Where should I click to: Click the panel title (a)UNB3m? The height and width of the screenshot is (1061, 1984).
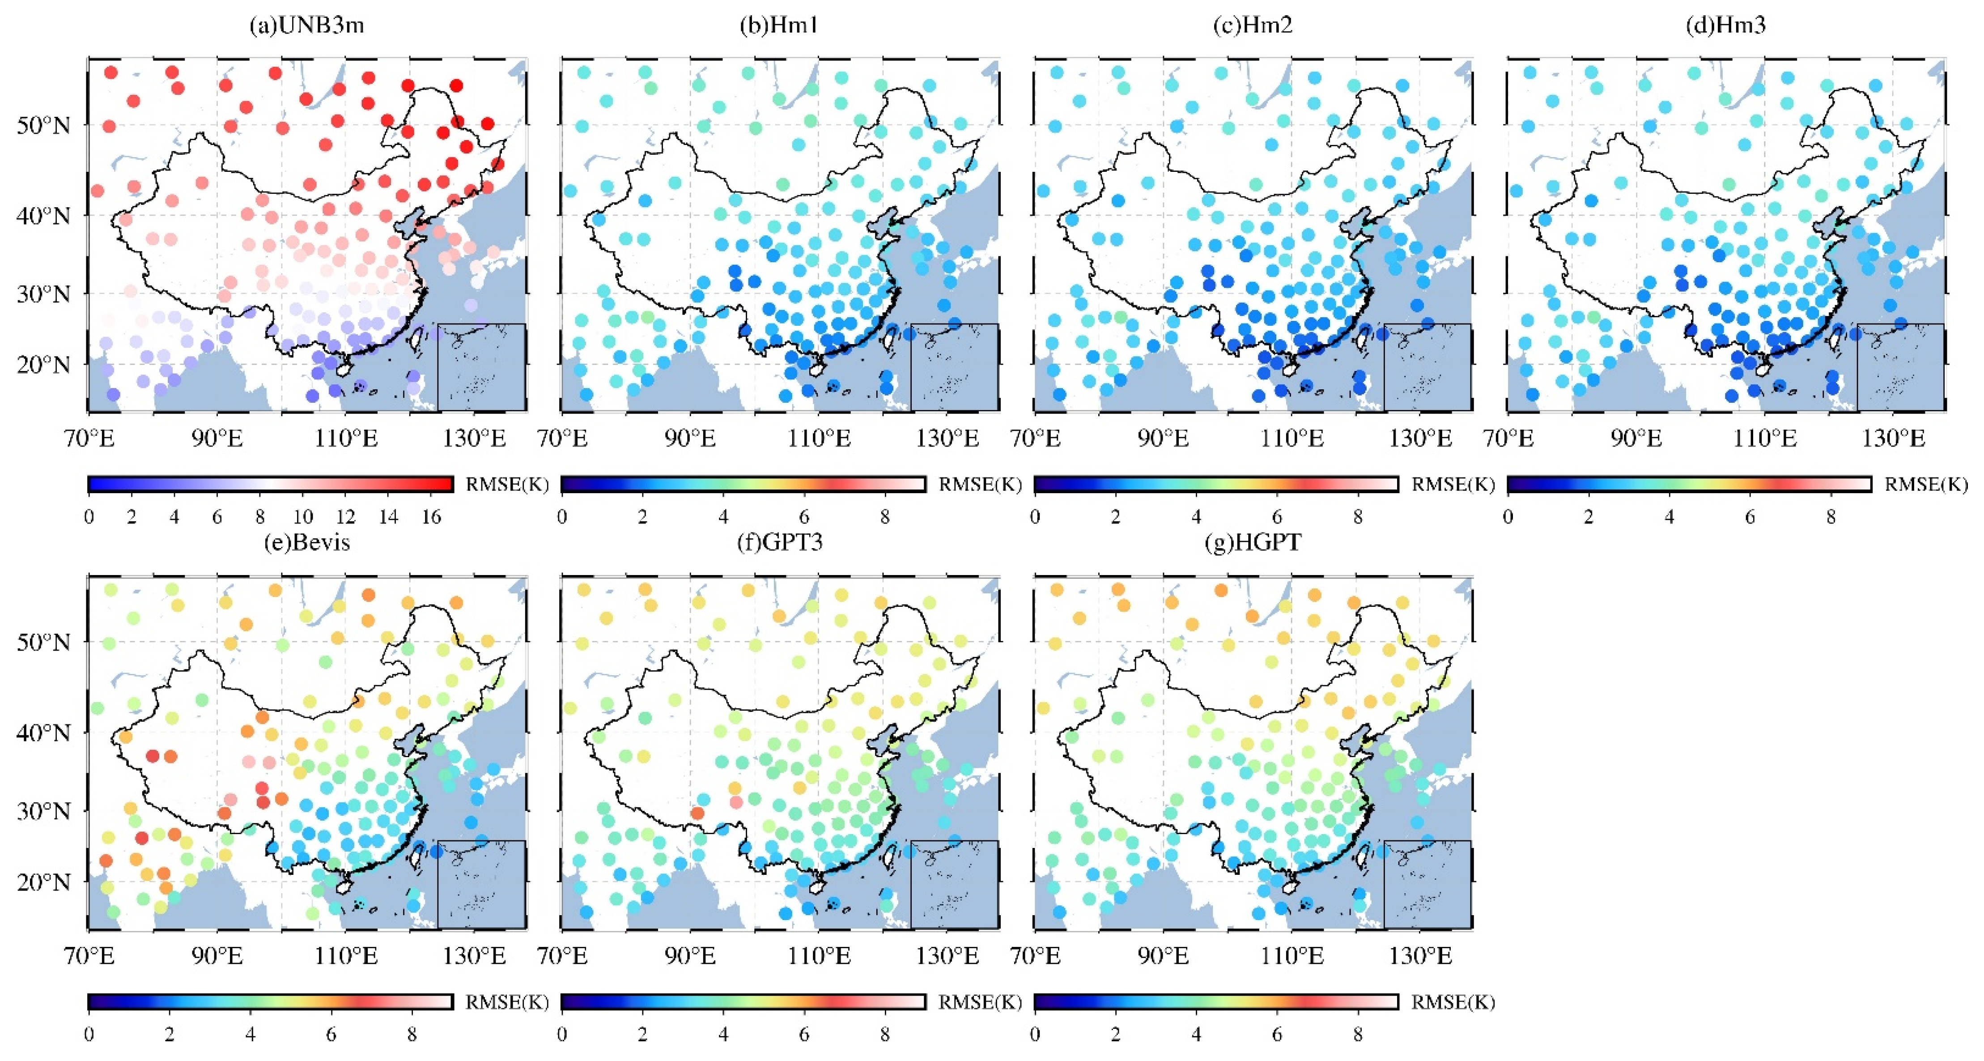(306, 26)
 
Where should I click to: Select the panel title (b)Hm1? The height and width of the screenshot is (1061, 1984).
(779, 26)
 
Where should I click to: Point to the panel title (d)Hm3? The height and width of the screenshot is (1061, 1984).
(1726, 26)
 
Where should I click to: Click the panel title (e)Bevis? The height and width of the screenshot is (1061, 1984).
(306, 542)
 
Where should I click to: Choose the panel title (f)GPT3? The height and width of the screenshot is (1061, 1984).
(779, 542)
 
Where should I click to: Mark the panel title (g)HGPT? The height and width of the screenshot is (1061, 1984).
(1253, 542)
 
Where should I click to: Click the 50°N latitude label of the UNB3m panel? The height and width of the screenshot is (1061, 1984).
(43, 126)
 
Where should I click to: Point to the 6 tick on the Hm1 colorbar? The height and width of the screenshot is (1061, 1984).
(804, 517)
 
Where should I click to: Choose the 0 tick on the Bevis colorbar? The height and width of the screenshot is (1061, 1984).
(89, 1035)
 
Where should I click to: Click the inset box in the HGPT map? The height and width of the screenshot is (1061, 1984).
(1427, 885)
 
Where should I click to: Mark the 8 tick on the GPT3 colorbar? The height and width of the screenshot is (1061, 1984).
(885, 1035)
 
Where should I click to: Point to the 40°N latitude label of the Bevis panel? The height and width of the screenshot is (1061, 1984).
(43, 733)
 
